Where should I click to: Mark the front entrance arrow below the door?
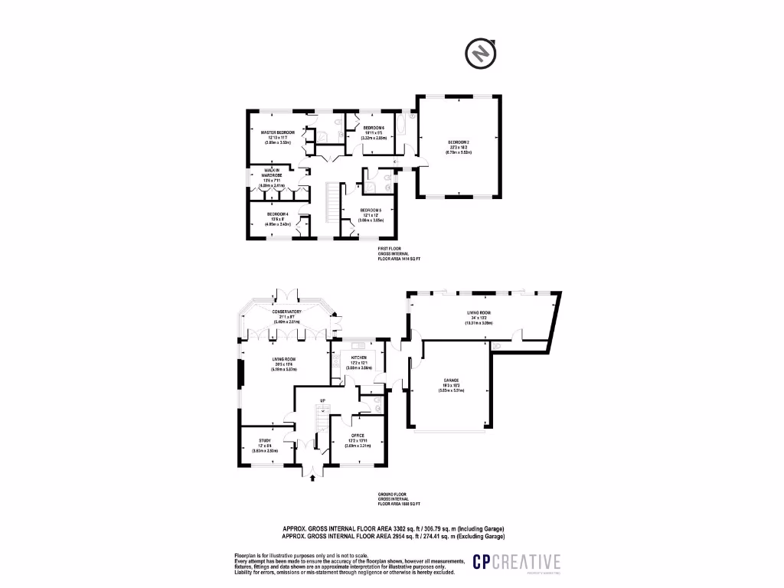point(312,479)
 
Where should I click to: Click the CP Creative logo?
point(516,562)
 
